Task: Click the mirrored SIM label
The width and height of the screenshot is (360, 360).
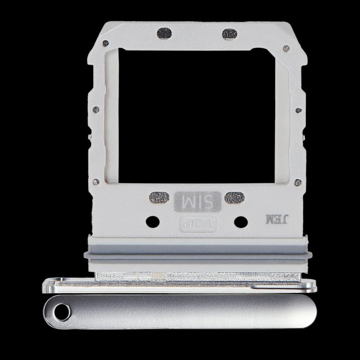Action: point(197,201)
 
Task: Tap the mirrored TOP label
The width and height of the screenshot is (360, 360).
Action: point(197,224)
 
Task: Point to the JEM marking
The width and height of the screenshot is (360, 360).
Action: point(276,219)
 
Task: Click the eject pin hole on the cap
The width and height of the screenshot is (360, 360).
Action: point(62,312)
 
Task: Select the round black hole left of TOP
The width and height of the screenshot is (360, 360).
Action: point(152,222)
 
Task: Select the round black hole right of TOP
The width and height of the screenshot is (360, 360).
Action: point(241,222)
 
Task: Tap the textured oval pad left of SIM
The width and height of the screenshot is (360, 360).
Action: point(159,197)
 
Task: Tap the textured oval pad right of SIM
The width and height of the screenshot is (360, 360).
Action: point(235,197)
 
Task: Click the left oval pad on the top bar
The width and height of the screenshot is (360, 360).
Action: point(164,33)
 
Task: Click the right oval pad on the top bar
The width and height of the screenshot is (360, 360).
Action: point(229,34)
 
